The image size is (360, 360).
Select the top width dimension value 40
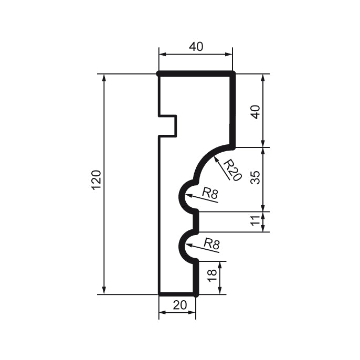[196, 47]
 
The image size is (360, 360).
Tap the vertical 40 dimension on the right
[255, 111]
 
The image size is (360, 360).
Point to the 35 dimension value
[255, 178]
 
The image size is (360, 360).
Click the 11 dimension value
[255, 221]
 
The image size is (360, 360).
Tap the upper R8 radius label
[209, 194]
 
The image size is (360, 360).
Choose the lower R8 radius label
[211, 243]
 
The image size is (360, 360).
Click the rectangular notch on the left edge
[168, 126]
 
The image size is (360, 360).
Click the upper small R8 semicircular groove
[184, 196]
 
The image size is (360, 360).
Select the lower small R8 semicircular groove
[184, 246]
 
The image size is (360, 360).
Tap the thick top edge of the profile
[196, 74]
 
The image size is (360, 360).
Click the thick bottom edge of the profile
[177, 294]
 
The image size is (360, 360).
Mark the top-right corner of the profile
[233, 74]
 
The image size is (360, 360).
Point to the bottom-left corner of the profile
[159, 294]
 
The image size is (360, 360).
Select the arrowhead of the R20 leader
[216, 156]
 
